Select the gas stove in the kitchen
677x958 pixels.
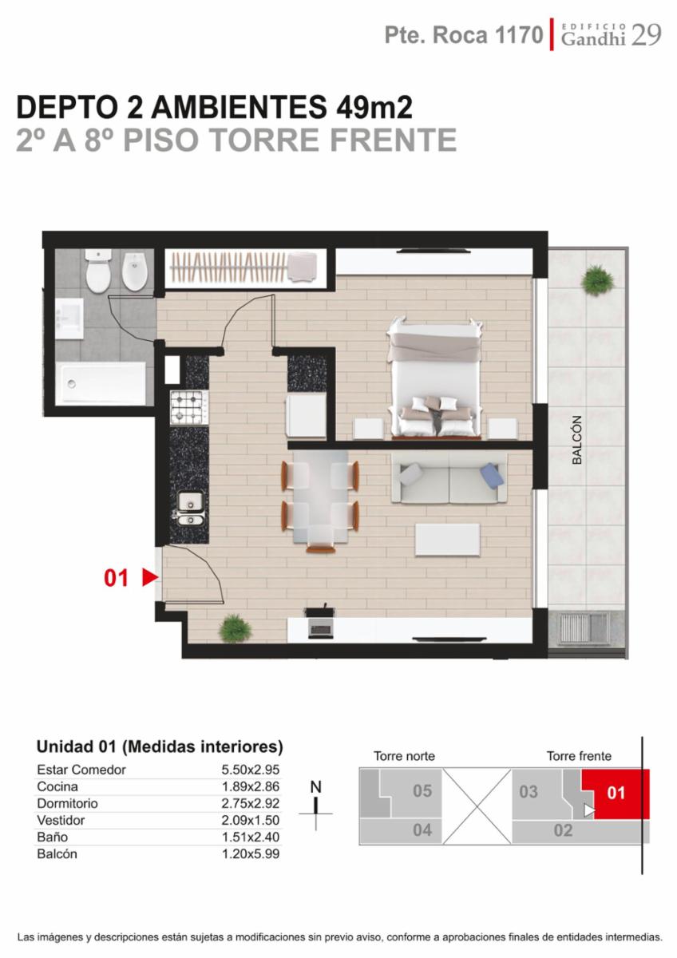point(189,407)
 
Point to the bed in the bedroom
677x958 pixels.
point(435,378)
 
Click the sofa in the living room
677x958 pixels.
point(449,478)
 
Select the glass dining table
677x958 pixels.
point(320,495)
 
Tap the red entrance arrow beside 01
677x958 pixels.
point(150,578)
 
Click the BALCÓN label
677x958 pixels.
point(577,440)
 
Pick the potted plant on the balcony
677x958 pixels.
point(597,279)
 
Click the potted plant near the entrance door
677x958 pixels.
point(235,628)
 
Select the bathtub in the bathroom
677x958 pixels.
point(102,383)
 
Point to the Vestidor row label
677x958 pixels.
point(61,820)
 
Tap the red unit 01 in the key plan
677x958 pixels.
point(616,793)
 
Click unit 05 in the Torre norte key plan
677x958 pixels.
point(422,791)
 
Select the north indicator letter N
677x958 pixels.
point(315,786)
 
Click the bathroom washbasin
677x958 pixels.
point(69,319)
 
